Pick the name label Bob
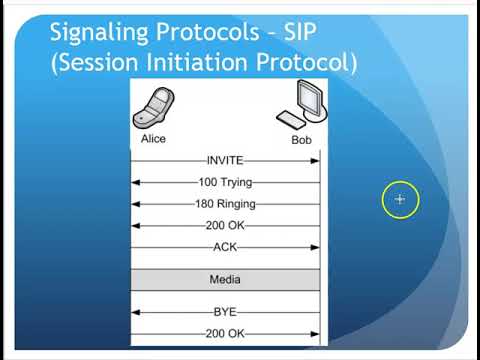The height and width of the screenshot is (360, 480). point(301,140)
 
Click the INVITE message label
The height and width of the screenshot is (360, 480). point(225,160)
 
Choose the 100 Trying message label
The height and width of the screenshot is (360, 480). point(225,182)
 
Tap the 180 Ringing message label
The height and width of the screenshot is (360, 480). point(225,204)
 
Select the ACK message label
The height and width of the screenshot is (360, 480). point(225,247)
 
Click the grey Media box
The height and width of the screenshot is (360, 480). point(225,279)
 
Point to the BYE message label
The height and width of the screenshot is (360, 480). point(225,311)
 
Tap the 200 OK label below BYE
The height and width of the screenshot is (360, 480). point(225,332)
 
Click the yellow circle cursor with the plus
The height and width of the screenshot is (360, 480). point(400,200)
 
